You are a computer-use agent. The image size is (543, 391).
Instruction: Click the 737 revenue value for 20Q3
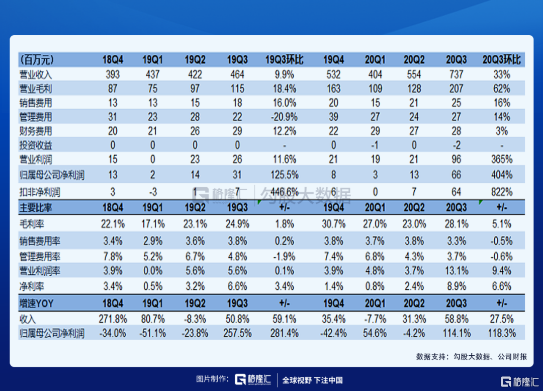456,74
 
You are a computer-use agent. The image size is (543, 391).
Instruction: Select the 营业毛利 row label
36,89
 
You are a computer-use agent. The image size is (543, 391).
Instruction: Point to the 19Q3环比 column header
284,60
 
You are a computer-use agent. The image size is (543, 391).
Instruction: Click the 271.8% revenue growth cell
113,319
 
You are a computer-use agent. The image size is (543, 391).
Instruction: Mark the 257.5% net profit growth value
237,333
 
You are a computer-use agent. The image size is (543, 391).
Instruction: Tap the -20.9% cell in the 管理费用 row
284,117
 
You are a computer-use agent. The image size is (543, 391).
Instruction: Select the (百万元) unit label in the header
37,60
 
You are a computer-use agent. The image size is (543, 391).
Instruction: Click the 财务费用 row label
36,131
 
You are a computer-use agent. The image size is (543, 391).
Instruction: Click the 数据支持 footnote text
471,357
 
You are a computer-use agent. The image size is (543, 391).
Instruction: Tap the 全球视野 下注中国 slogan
312,380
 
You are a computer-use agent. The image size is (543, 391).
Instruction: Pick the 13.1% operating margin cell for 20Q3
456,271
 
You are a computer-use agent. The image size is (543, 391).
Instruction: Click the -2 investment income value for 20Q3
456,145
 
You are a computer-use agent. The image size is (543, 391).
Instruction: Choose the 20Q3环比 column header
502,60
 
